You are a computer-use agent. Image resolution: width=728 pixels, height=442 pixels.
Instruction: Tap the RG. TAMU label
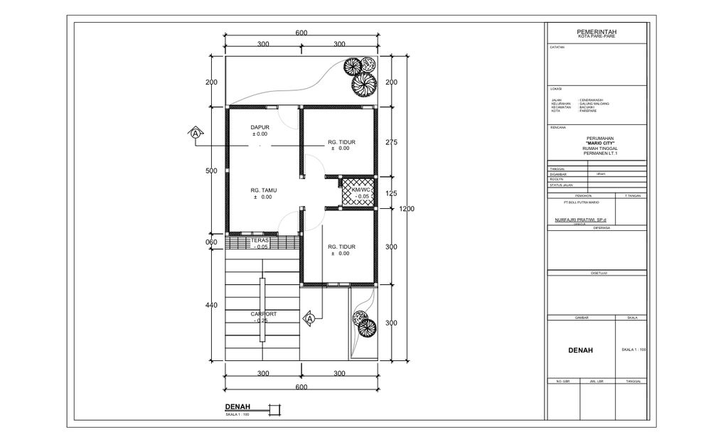tap(263, 190)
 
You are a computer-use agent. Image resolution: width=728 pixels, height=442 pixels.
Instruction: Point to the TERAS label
tap(259, 241)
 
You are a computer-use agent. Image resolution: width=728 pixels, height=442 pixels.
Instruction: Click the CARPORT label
tap(263, 313)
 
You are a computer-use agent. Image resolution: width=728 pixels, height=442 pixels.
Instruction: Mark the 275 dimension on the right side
tap(390, 142)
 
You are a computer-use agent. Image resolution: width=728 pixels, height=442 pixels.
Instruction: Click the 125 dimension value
tap(390, 193)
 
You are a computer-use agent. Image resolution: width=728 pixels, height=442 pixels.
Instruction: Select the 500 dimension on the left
tap(211, 171)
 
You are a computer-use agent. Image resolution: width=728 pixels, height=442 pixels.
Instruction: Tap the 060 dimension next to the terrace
tap(211, 242)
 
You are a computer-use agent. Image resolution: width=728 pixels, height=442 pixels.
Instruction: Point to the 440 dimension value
tap(211, 305)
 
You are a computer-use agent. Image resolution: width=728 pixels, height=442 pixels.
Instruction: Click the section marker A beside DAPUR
tap(196, 133)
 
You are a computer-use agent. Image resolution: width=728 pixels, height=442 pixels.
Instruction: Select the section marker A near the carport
tap(310, 318)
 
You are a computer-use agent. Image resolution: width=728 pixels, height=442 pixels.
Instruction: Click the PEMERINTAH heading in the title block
tap(596, 33)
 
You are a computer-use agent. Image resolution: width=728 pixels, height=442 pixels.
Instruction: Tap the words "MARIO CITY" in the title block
tap(596, 143)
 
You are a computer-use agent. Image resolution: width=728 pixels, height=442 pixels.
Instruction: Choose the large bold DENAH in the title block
tap(580, 350)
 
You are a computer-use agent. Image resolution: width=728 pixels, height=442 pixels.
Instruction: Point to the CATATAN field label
tap(557, 48)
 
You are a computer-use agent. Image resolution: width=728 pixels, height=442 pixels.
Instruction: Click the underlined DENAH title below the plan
tap(238, 407)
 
